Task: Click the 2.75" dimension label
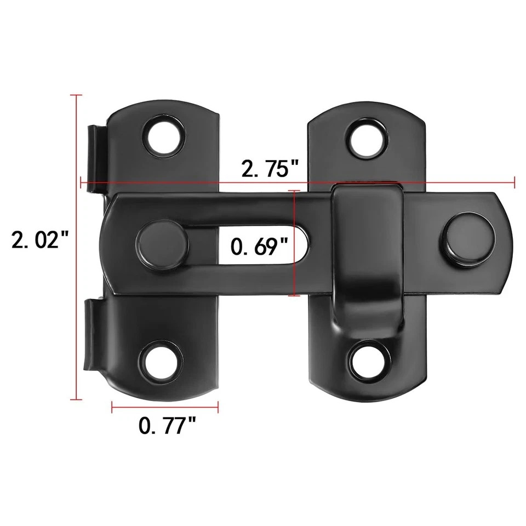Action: tap(270, 168)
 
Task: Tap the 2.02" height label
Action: tap(40, 240)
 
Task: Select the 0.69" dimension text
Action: tap(259, 247)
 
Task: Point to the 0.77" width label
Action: tap(167, 425)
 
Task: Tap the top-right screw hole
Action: tap(368, 139)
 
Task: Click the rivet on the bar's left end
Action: tap(162, 244)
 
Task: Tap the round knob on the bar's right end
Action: tap(467, 238)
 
